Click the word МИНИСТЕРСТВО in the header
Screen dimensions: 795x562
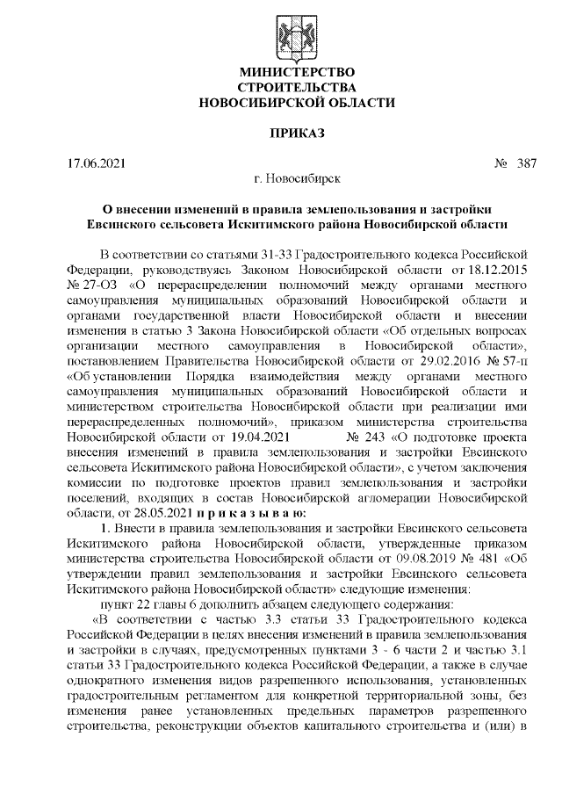[x=297, y=71]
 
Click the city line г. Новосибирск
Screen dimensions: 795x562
[x=297, y=180]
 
